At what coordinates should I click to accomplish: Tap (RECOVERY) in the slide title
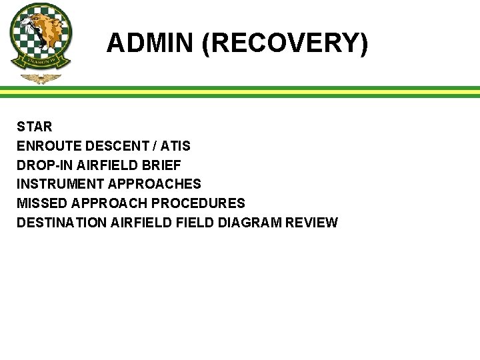click(285, 43)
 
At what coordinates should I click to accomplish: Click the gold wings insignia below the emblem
click(41, 79)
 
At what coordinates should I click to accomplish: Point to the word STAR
click(35, 127)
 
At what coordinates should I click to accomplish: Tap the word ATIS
click(175, 146)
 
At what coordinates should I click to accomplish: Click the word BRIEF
click(162, 165)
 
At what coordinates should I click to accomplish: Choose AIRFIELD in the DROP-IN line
click(106, 165)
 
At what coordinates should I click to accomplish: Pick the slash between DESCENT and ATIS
click(153, 146)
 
